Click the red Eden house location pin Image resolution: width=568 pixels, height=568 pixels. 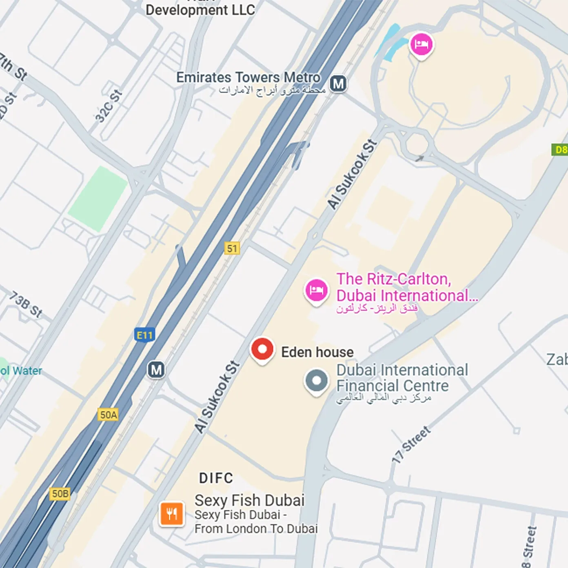(262, 350)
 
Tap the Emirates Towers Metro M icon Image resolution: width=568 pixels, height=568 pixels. (338, 84)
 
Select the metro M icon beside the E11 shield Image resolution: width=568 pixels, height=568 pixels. (156, 370)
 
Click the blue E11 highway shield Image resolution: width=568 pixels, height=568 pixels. (144, 335)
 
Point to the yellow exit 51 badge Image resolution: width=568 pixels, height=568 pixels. (232, 248)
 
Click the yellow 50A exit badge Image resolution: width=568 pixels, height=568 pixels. (108, 415)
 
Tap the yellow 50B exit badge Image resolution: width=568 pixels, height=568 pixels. (60, 494)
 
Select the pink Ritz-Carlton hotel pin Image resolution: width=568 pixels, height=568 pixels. (316, 291)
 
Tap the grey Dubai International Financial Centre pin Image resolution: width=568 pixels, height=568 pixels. (316, 381)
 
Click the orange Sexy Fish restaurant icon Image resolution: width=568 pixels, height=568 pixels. (172, 514)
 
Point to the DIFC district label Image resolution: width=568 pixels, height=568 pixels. (216, 478)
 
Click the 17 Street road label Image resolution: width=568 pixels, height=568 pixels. (411, 445)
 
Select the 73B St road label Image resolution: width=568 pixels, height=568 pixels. (26, 304)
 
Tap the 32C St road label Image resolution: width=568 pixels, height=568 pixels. (109, 106)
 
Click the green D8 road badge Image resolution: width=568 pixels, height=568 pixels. (561, 150)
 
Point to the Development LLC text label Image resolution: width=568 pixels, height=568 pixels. (200, 10)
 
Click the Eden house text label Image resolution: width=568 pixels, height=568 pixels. (317, 352)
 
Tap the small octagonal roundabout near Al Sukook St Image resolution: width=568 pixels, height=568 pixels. (417, 144)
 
